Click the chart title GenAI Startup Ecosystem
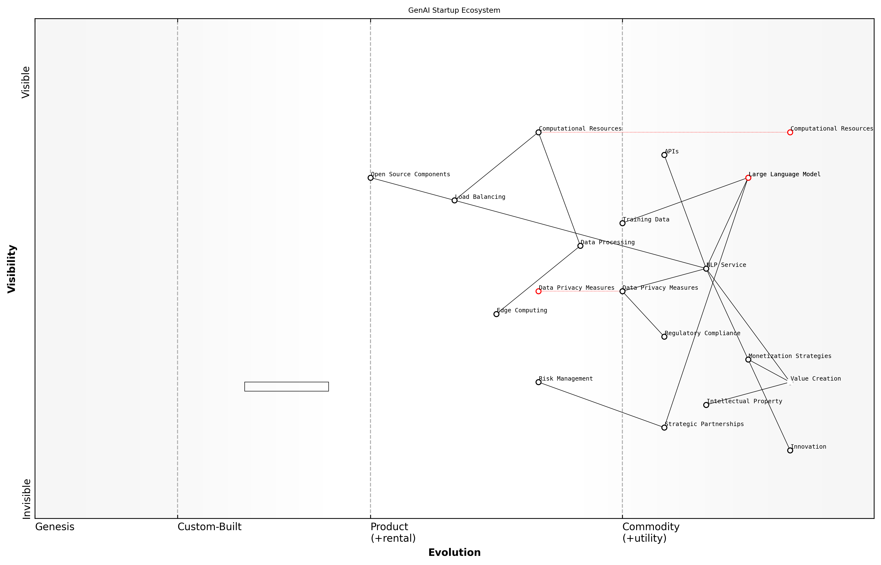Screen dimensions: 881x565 pyautogui.click(x=454, y=10)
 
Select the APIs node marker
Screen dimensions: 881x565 pyautogui.click(x=664, y=155)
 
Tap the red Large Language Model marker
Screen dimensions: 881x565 pyautogui.click(x=748, y=178)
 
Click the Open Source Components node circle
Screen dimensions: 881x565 pyautogui.click(x=370, y=178)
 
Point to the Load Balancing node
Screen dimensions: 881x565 pyautogui.click(x=454, y=200)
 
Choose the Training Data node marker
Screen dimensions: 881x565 pyautogui.click(x=622, y=223)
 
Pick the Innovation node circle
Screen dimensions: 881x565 pyautogui.click(x=790, y=451)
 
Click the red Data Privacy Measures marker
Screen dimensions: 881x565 pyautogui.click(x=538, y=291)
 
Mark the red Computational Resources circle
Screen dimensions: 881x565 pyautogui.click(x=790, y=132)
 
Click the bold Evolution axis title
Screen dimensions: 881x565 pyautogui.click(x=454, y=552)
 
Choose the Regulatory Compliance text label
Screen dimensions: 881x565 pyautogui.click(x=702, y=333)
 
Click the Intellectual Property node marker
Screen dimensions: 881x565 pyautogui.click(x=706, y=405)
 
